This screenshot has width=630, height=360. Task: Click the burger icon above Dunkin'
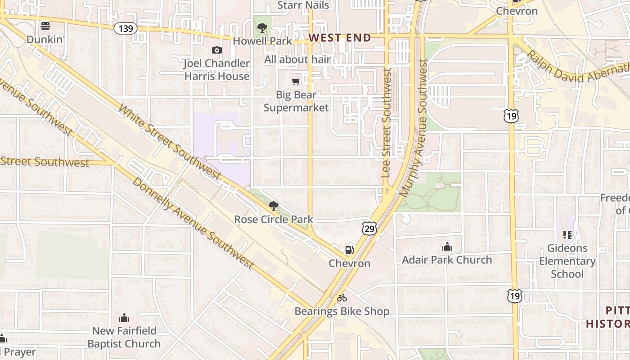click(x=45, y=26)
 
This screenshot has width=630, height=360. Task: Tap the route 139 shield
click(x=126, y=29)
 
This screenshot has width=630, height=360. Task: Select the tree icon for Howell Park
click(x=262, y=28)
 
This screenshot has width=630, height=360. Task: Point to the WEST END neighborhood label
click(x=340, y=38)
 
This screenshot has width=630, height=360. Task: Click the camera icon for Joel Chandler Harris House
click(x=217, y=50)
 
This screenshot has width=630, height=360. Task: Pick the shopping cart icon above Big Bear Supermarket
click(x=296, y=81)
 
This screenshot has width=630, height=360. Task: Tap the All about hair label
click(x=297, y=59)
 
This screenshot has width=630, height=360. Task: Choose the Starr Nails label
click(x=303, y=5)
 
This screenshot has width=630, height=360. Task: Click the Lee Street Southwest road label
click(x=386, y=122)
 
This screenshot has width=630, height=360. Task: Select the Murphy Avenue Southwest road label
click(x=416, y=128)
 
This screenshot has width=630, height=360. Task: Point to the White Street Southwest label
click(x=170, y=142)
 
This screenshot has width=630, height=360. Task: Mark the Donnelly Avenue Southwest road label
click(x=193, y=224)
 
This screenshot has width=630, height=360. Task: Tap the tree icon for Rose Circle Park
click(x=273, y=207)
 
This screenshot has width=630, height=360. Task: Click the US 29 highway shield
click(x=369, y=229)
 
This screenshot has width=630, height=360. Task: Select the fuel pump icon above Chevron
click(x=350, y=250)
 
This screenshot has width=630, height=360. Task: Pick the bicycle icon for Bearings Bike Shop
click(x=342, y=298)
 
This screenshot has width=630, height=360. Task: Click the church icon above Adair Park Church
click(x=447, y=247)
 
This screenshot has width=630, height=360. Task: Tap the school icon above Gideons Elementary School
click(x=567, y=235)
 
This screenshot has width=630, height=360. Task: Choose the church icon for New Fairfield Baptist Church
click(x=124, y=318)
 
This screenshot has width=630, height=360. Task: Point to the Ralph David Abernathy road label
click(x=578, y=67)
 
